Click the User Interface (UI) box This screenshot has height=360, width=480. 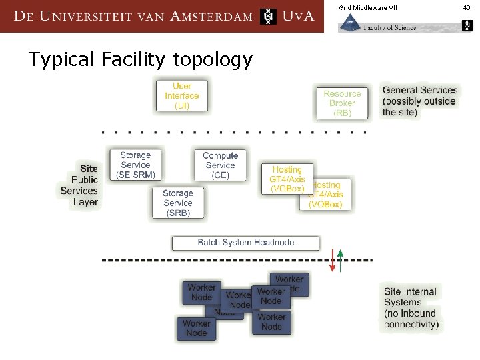click(x=182, y=95)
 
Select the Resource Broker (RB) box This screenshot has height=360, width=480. click(x=342, y=103)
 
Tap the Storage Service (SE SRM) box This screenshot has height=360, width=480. click(x=136, y=165)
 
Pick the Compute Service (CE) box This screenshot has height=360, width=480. click(x=220, y=165)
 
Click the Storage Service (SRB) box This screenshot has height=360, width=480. click(x=177, y=203)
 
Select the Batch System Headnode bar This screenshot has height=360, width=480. click(x=245, y=243)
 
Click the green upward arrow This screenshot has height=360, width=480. click(x=340, y=261)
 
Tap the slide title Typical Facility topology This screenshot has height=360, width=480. click(x=140, y=59)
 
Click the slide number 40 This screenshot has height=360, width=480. click(x=466, y=7)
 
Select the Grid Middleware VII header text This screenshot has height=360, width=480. click(x=367, y=7)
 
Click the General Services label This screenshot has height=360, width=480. click(x=419, y=101)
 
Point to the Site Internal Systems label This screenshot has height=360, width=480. click(x=411, y=308)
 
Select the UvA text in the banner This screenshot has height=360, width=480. click(x=298, y=16)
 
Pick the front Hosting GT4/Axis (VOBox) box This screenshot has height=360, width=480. click(x=287, y=179)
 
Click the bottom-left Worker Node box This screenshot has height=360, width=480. click(x=197, y=328)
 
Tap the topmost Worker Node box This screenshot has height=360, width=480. click(x=289, y=281)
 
